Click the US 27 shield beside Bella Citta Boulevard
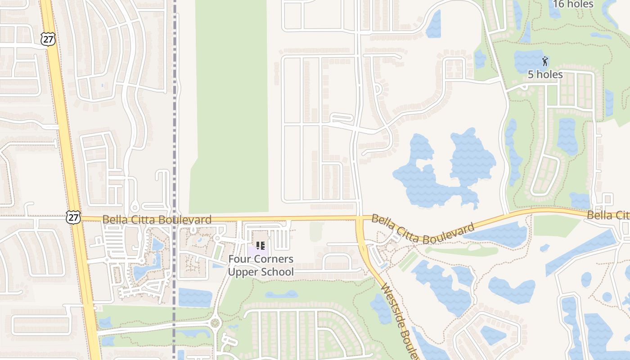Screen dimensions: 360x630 [x=73, y=217]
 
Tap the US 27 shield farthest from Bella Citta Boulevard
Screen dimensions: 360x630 [x=48, y=39]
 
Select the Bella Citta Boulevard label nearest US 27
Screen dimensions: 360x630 [x=157, y=220]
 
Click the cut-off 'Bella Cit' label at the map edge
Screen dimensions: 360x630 [x=607, y=216]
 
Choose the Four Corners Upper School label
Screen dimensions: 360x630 [x=261, y=265]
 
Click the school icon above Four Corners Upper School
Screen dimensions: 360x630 [x=260, y=246]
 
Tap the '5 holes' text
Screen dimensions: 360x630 [x=545, y=75]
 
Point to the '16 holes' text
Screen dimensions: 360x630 [x=573, y=4]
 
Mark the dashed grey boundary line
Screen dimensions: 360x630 [x=175, y=112]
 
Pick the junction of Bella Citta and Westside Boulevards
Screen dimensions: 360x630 [x=360, y=220]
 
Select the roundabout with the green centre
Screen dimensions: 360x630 [x=215, y=323]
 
